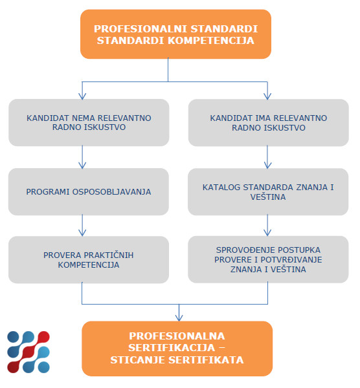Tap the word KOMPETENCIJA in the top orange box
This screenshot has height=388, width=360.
tap(211, 41)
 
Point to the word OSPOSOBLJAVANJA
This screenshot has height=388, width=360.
tap(111, 192)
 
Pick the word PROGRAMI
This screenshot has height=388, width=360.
tap(48, 192)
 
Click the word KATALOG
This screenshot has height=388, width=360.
tap(221, 188)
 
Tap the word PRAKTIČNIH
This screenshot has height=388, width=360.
tap(109, 255)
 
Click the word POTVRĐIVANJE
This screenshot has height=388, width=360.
tap(291, 259)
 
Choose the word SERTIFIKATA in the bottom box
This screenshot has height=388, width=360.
tap(206, 360)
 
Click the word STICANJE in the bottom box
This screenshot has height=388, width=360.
tap(138, 360)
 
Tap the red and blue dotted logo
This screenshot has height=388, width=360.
tap(28, 352)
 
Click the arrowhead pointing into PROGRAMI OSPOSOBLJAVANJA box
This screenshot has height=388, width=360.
tap(82, 166)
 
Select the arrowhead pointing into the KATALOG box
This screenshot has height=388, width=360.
tap(267, 166)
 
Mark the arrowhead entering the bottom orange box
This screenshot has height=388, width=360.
tap(179, 318)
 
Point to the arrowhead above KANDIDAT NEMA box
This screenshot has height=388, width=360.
tap(82, 96)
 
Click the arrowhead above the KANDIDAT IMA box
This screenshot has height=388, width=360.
tap(267, 96)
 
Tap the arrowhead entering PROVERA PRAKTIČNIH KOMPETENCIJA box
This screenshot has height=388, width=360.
tap(82, 233)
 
